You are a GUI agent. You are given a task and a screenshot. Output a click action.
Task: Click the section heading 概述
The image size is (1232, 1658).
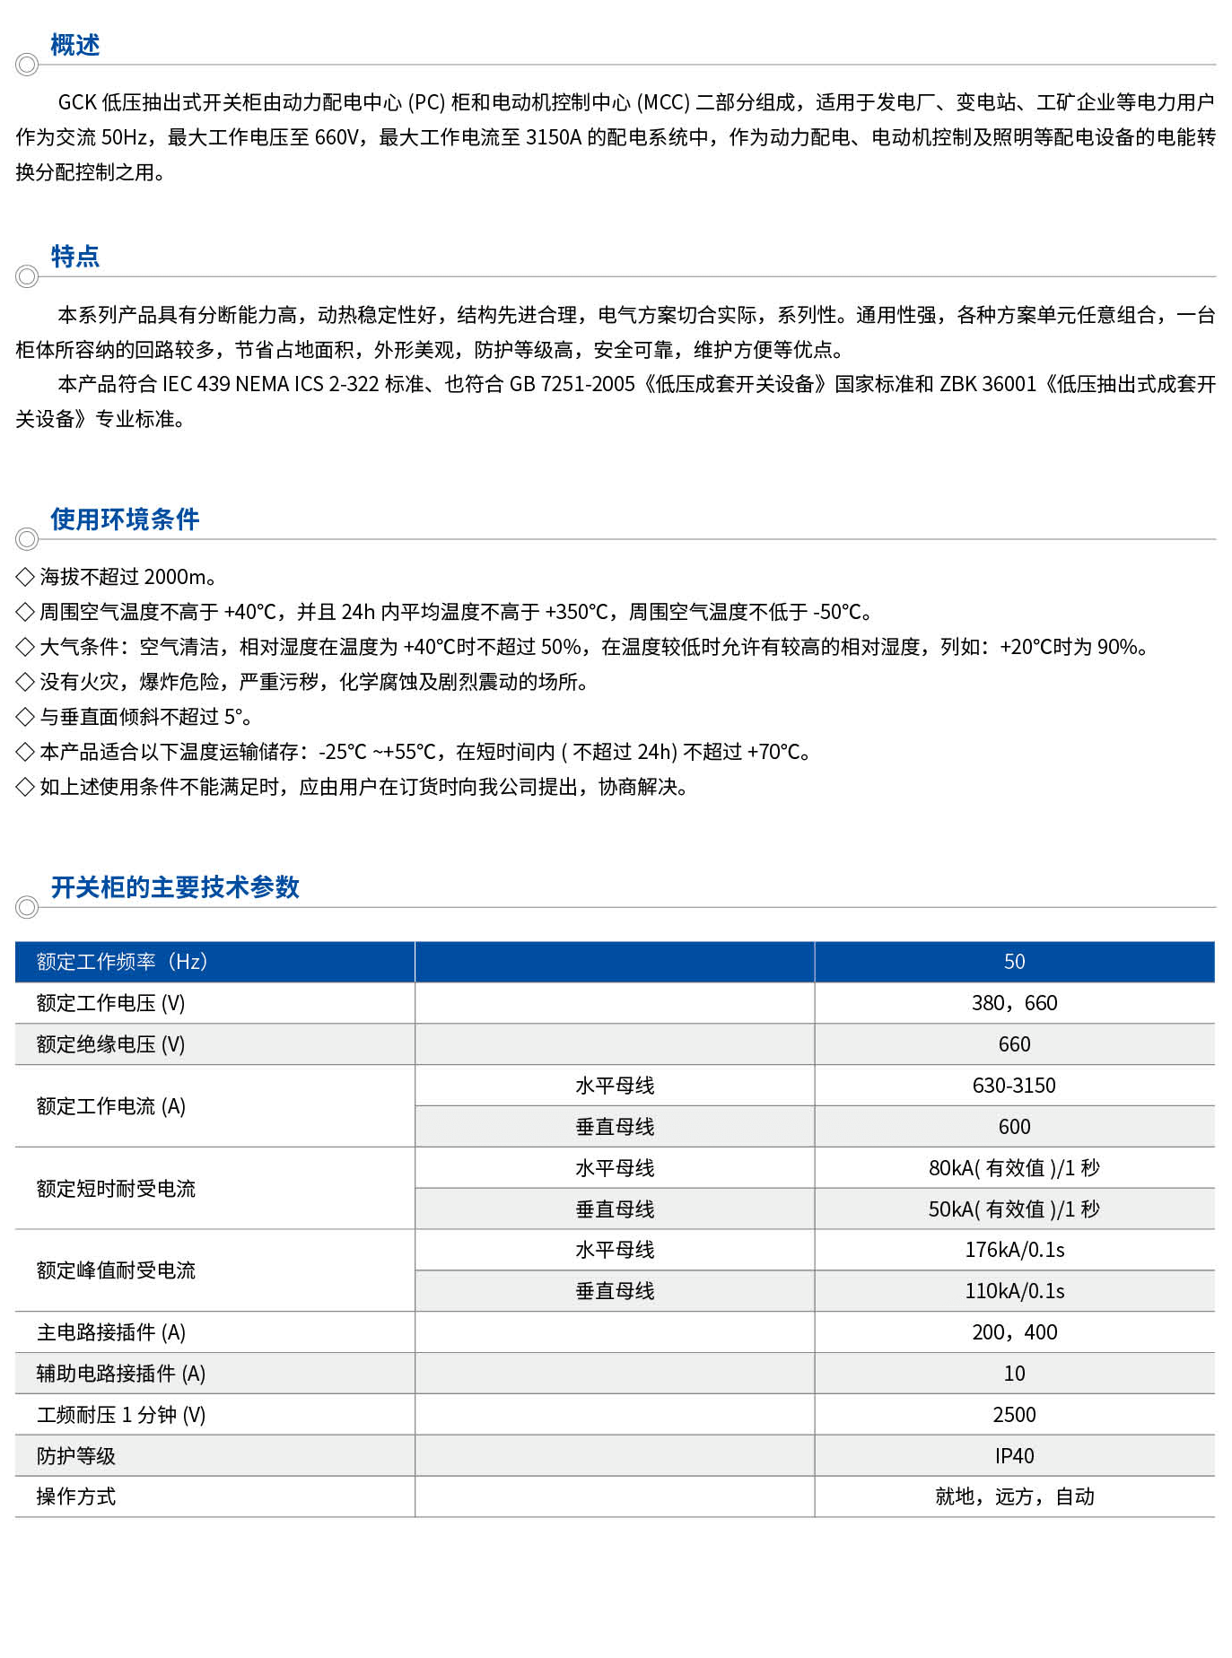tap(74, 45)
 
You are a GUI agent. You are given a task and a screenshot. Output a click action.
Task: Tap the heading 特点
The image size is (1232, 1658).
tap(74, 257)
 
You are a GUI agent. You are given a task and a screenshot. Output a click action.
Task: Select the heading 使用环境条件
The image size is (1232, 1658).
tap(125, 519)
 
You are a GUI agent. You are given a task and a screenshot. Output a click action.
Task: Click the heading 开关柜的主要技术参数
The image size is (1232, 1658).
tap(175, 887)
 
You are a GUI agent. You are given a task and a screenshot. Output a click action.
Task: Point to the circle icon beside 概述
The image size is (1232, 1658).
tap(27, 65)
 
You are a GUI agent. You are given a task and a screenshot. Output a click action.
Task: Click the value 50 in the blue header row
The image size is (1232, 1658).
tap(1014, 962)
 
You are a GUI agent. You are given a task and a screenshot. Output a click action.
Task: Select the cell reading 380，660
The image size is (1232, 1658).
tap(1014, 1003)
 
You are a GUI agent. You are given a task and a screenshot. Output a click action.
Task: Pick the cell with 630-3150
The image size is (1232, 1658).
tap(1014, 1086)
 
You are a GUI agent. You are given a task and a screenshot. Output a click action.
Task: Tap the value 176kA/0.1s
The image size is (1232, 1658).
tap(1014, 1250)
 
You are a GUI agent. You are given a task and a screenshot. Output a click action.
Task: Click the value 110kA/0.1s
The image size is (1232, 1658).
tap(1014, 1291)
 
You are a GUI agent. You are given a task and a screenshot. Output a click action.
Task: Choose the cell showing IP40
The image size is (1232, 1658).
tap(1014, 1456)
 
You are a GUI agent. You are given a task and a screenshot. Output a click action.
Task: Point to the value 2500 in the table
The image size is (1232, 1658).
tap(1014, 1415)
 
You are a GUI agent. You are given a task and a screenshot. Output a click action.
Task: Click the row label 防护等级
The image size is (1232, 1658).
tap(76, 1456)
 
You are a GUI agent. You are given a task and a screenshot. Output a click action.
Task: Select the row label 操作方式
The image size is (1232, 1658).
tap(76, 1497)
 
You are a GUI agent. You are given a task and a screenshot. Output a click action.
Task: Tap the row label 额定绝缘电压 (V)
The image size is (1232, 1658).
tap(110, 1044)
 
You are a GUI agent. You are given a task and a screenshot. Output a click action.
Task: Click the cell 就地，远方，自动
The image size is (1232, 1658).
tap(1014, 1497)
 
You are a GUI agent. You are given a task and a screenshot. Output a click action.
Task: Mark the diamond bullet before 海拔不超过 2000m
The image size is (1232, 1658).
tap(25, 577)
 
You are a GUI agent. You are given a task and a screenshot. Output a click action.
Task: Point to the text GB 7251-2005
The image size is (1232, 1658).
tap(572, 384)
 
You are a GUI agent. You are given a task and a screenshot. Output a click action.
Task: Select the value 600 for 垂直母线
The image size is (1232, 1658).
tap(1014, 1127)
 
